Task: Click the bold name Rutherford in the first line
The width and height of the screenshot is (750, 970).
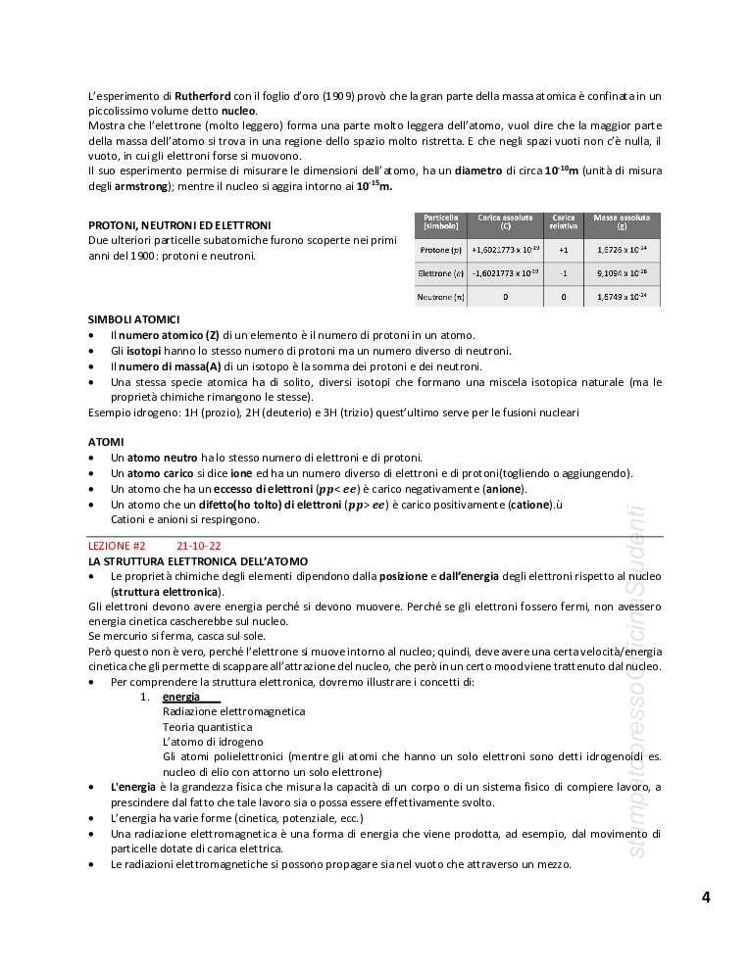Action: click(x=203, y=96)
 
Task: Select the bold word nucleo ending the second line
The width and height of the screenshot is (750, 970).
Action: click(x=239, y=111)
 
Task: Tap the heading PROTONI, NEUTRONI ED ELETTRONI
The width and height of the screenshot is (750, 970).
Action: click(x=179, y=225)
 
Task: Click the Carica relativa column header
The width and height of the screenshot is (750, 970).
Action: click(x=563, y=221)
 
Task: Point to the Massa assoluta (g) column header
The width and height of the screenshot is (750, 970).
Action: click(x=622, y=221)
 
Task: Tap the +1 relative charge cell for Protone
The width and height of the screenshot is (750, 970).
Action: click(x=563, y=250)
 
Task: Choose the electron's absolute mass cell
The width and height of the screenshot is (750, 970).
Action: click(x=622, y=273)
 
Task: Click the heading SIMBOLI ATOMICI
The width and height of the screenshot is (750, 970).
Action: click(x=133, y=319)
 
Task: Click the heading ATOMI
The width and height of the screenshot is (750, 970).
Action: click(x=106, y=442)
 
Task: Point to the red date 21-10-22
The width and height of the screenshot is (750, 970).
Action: click(x=199, y=546)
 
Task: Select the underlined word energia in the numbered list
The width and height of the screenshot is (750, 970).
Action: click(x=181, y=697)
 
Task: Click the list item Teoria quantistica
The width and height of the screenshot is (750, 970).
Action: click(x=207, y=727)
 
